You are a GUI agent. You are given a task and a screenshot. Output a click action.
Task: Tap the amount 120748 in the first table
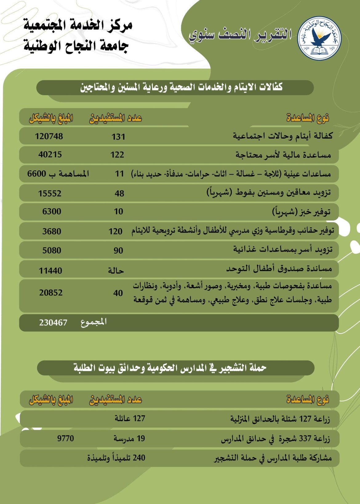click(x=49, y=136)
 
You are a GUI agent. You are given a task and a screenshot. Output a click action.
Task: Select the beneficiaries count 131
click(x=118, y=137)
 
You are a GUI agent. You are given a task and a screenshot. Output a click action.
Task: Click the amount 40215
click(x=50, y=154)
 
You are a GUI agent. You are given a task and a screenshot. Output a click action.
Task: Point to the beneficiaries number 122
click(x=118, y=155)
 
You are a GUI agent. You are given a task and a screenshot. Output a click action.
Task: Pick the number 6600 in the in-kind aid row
click(x=37, y=174)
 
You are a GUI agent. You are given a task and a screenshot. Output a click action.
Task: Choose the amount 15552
click(x=50, y=194)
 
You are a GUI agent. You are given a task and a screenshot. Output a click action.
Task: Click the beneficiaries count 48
click(x=119, y=194)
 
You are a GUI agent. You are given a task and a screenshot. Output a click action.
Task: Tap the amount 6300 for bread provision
click(x=52, y=212)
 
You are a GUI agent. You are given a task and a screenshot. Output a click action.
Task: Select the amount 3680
click(x=52, y=231)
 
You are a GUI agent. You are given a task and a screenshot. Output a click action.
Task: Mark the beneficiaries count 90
click(x=118, y=251)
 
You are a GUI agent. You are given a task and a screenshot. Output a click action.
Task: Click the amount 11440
click(x=50, y=271)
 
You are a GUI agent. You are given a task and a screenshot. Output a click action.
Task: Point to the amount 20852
click(x=51, y=293)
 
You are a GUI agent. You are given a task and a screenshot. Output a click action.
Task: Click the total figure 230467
click(x=53, y=323)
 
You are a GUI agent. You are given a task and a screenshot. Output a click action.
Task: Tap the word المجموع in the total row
click(x=94, y=322)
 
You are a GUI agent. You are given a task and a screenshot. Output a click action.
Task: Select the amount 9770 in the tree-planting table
click(x=66, y=438)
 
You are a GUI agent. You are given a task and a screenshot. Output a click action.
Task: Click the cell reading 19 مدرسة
click(x=129, y=438)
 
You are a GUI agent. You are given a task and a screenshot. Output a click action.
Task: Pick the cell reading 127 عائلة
click(x=130, y=418)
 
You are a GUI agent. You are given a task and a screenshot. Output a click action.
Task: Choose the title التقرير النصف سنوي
click(x=240, y=34)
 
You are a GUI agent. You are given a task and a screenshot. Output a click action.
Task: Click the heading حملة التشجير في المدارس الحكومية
click(x=170, y=368)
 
